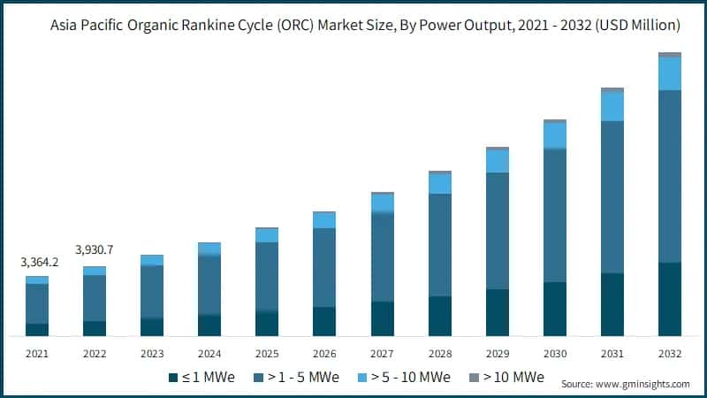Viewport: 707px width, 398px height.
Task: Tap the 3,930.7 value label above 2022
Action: coord(95,251)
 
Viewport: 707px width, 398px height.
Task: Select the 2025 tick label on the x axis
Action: coord(267,353)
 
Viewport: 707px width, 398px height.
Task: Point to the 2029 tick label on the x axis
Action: coord(498,353)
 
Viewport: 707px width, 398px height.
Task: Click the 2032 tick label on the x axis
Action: coord(670,353)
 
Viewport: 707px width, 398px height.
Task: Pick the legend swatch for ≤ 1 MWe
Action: coord(173,378)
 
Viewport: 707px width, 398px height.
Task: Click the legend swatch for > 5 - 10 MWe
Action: coord(366,378)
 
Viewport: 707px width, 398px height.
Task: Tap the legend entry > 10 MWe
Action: coord(513,378)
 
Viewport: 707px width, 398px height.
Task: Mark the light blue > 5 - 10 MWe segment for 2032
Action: coord(670,73)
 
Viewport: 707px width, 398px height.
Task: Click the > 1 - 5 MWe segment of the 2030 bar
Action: coord(555,215)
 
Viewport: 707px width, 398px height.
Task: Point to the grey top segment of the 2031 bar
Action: coord(612,90)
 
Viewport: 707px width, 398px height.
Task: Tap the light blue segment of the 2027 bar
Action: coord(383,203)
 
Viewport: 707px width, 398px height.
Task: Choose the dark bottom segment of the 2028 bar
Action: coord(440,316)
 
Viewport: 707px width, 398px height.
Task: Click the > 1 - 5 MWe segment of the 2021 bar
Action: coord(37,303)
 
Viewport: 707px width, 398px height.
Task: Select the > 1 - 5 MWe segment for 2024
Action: coord(209,285)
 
